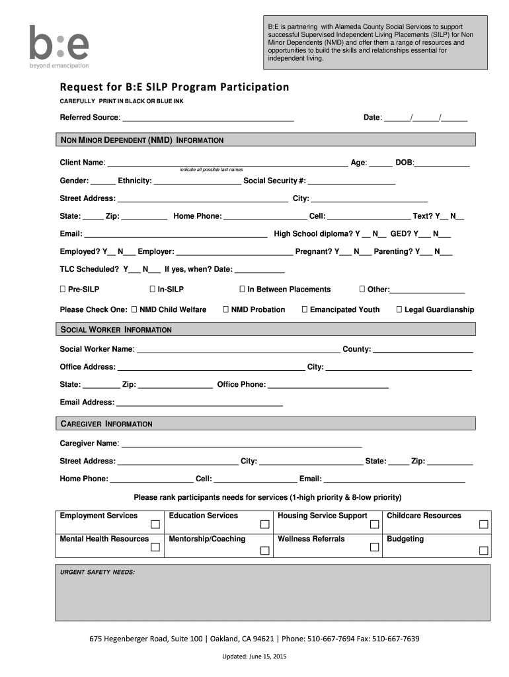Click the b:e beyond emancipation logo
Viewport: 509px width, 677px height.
(59, 47)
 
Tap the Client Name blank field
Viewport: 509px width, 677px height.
(227, 163)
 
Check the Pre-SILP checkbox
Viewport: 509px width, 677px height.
(63, 290)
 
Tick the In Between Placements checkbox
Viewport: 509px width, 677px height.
(242, 290)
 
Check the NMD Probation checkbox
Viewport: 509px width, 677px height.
(226, 309)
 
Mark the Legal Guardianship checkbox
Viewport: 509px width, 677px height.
(399, 309)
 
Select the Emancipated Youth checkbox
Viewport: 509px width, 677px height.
(305, 309)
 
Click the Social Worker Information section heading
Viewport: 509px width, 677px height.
(116, 329)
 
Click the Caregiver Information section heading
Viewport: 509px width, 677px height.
(106, 424)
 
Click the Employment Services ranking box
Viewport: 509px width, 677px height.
(155, 525)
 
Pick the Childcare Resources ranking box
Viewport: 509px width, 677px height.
(484, 525)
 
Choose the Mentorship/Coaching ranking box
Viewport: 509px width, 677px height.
(264, 549)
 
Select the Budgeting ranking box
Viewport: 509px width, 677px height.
(484, 549)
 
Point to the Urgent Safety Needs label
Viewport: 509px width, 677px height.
(98, 572)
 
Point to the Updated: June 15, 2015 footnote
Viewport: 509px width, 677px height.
(254, 657)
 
